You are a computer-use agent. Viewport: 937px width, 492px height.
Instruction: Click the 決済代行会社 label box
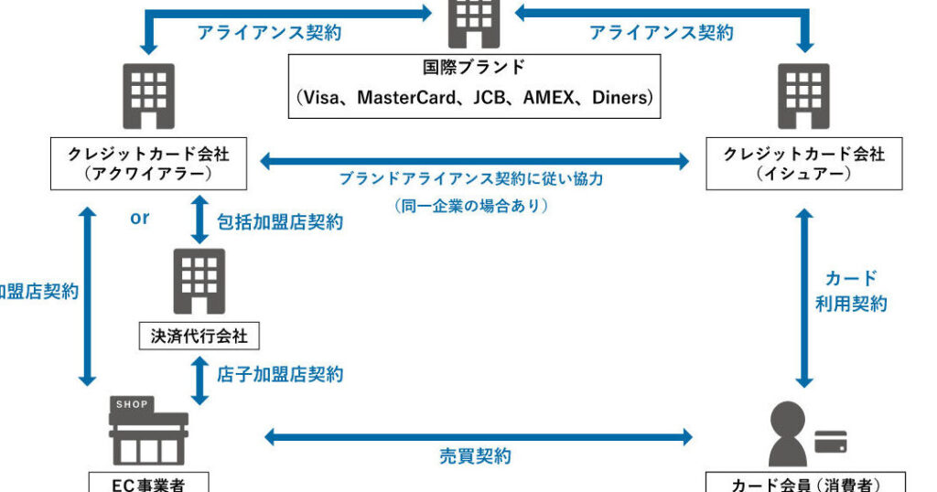[x=199, y=336]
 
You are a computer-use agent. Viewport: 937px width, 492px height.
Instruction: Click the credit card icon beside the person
[x=830, y=442]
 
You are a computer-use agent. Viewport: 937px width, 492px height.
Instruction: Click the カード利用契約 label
[x=851, y=291]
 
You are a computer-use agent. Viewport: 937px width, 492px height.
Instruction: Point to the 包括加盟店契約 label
[x=280, y=222]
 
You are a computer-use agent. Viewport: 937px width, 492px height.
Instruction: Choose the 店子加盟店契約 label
[x=280, y=374]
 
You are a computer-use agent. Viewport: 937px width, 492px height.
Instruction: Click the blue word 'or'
[x=139, y=219]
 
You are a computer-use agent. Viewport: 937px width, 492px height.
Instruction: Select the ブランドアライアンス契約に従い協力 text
[x=471, y=179]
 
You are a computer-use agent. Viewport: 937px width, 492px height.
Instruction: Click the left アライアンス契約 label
[x=269, y=33]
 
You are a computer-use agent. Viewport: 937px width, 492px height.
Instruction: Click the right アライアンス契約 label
[x=661, y=33]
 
